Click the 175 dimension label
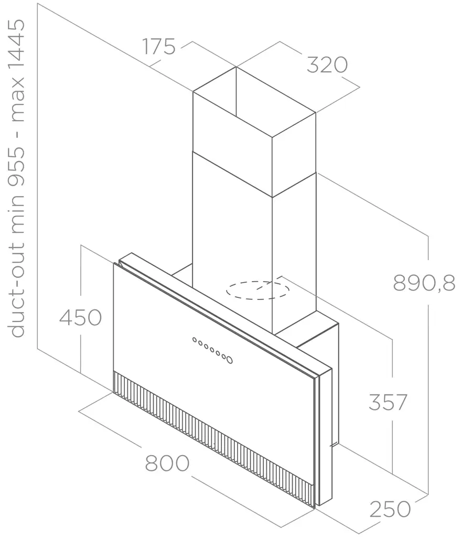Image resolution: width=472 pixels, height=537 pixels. (159, 47)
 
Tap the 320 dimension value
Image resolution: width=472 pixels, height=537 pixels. (327, 65)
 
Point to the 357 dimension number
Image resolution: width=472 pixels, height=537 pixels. (388, 402)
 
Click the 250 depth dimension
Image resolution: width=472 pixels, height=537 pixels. (390, 509)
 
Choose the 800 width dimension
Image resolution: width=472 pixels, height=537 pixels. (167, 464)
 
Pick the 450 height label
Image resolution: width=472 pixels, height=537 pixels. (80, 317)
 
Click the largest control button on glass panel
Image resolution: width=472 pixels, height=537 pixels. (229, 360)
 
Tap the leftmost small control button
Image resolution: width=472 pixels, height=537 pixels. (195, 340)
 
